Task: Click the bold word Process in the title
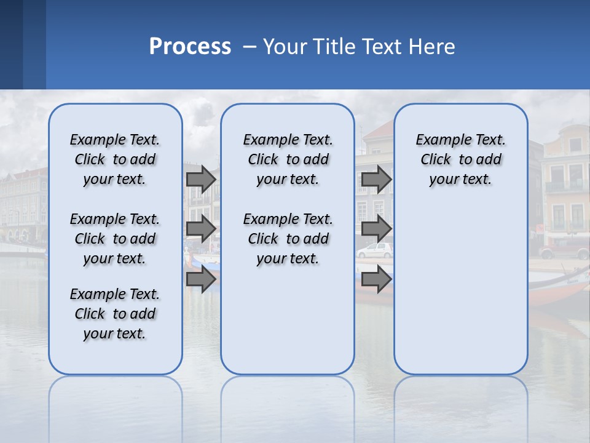click(x=190, y=47)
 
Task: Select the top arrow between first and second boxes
click(x=201, y=179)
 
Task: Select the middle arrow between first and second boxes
click(x=201, y=229)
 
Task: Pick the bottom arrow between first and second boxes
click(x=201, y=279)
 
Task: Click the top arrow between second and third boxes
click(x=376, y=179)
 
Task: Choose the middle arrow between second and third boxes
click(x=376, y=229)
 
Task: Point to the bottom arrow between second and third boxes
click(x=376, y=279)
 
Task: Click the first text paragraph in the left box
click(x=115, y=159)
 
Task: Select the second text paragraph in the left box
click(x=115, y=239)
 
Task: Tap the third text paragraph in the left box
click(x=115, y=314)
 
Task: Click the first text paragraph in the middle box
click(x=288, y=159)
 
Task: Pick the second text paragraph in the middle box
click(x=288, y=239)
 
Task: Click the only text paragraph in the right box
click(x=460, y=159)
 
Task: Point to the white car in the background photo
click(x=375, y=250)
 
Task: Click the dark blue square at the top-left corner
click(x=11, y=44)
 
